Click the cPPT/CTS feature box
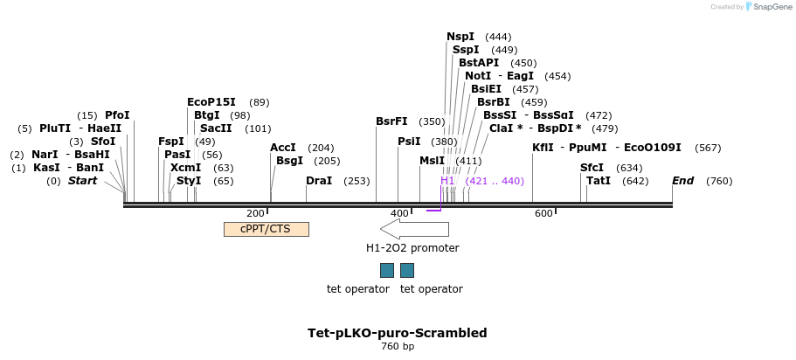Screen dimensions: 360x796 266,229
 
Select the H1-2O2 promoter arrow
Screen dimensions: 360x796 414,229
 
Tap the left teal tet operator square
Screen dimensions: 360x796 386,270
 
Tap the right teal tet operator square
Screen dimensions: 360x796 407,270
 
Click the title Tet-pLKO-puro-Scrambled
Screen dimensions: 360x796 398,333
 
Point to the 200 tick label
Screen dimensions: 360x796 255,213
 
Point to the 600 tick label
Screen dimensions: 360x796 543,213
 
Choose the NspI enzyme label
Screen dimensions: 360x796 460,37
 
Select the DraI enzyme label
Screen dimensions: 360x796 319,181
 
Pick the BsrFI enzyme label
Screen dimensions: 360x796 391,121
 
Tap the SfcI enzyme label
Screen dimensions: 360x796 592,168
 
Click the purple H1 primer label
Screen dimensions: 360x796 447,181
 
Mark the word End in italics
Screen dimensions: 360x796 682,181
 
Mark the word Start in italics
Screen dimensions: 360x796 83,181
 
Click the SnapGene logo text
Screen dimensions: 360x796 768,7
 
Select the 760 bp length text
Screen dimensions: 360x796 398,347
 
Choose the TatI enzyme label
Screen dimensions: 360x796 599,181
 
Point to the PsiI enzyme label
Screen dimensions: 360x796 409,142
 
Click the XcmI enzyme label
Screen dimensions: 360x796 185,168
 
